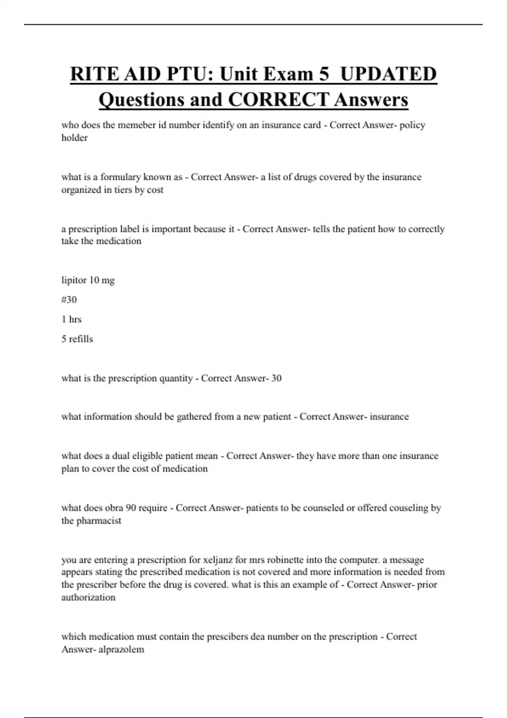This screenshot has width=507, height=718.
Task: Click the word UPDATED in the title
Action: tap(388, 74)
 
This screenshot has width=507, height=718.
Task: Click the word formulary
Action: tap(120, 177)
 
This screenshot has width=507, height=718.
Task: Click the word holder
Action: tap(74, 138)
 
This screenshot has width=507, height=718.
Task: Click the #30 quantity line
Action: tap(69, 300)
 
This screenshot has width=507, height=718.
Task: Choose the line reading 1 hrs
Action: tap(71, 319)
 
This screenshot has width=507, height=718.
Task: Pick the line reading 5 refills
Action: tap(77, 339)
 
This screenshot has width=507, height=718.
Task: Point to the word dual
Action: tap(121, 456)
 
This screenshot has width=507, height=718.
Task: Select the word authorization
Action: tap(88, 598)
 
